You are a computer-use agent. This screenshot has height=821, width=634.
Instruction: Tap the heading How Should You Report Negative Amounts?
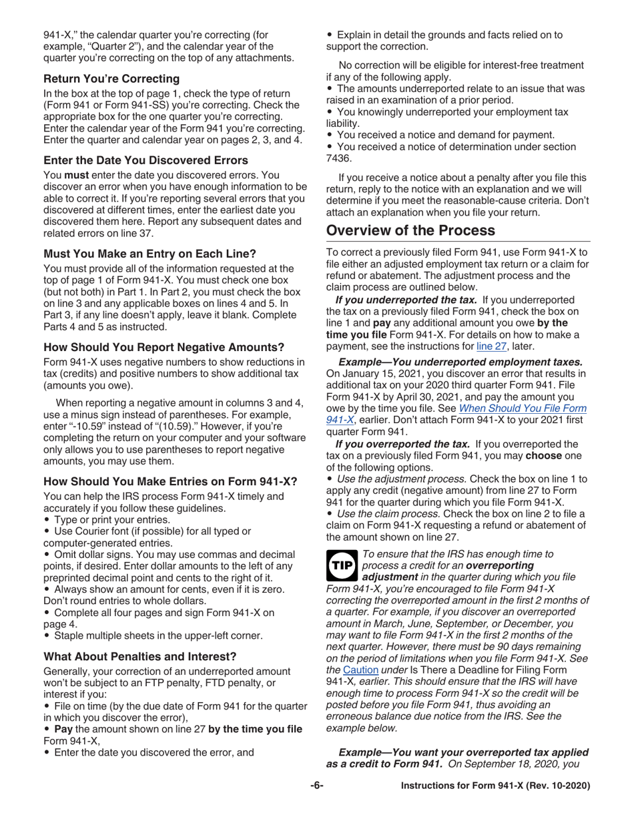pos(164,347)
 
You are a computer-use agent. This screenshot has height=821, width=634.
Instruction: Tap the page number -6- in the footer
pos(317,786)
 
